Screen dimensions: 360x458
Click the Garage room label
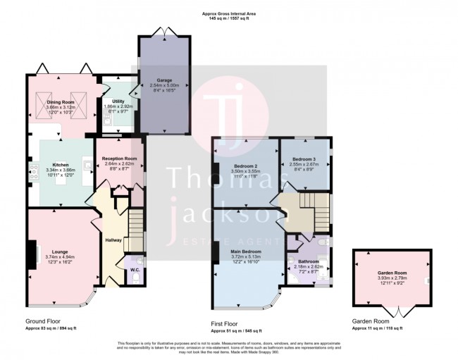164,80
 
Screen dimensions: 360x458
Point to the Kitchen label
61,165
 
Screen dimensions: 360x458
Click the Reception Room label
119,159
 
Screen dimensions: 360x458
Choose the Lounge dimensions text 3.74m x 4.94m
60,256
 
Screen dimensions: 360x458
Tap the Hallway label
113,240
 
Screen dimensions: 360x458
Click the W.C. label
135,268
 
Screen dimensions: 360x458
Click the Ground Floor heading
41,321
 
